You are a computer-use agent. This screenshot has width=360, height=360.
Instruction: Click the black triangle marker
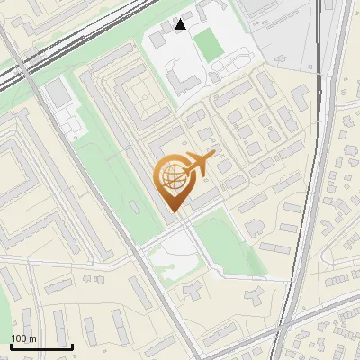point(181,24)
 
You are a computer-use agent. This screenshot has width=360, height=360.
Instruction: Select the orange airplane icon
point(199,164)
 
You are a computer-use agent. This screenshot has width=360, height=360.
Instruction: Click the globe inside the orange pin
point(173,183)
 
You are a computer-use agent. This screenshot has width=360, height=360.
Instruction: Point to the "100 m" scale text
point(23,338)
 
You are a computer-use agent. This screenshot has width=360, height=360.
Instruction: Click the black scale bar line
point(41,346)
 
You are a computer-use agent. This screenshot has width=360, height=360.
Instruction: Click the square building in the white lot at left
point(57,92)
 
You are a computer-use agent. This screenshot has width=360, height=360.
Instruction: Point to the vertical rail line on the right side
point(310,180)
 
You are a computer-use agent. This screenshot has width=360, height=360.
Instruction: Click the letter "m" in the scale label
point(32,338)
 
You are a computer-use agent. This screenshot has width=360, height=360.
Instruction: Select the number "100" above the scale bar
point(19,338)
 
